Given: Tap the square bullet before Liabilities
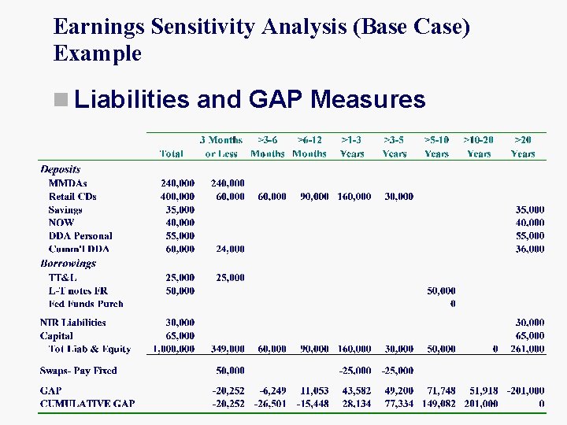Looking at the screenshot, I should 61,100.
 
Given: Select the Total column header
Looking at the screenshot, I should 172,153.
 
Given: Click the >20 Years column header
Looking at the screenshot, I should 522,146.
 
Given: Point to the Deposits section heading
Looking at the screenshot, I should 61,169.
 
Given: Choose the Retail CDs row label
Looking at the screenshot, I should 72,197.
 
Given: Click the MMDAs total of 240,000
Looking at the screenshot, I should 177,183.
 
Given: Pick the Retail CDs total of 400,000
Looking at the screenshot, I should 177,197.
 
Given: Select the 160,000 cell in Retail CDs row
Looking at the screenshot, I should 354,197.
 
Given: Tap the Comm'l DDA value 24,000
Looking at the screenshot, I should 230,249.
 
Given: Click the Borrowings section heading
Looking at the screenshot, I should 68,264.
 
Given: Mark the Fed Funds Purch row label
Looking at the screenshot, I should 86,303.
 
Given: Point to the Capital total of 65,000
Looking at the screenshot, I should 180,335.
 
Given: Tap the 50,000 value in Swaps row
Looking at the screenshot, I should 230,370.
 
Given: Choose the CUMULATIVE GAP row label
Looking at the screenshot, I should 87,404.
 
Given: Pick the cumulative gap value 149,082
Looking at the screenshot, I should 435,404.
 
